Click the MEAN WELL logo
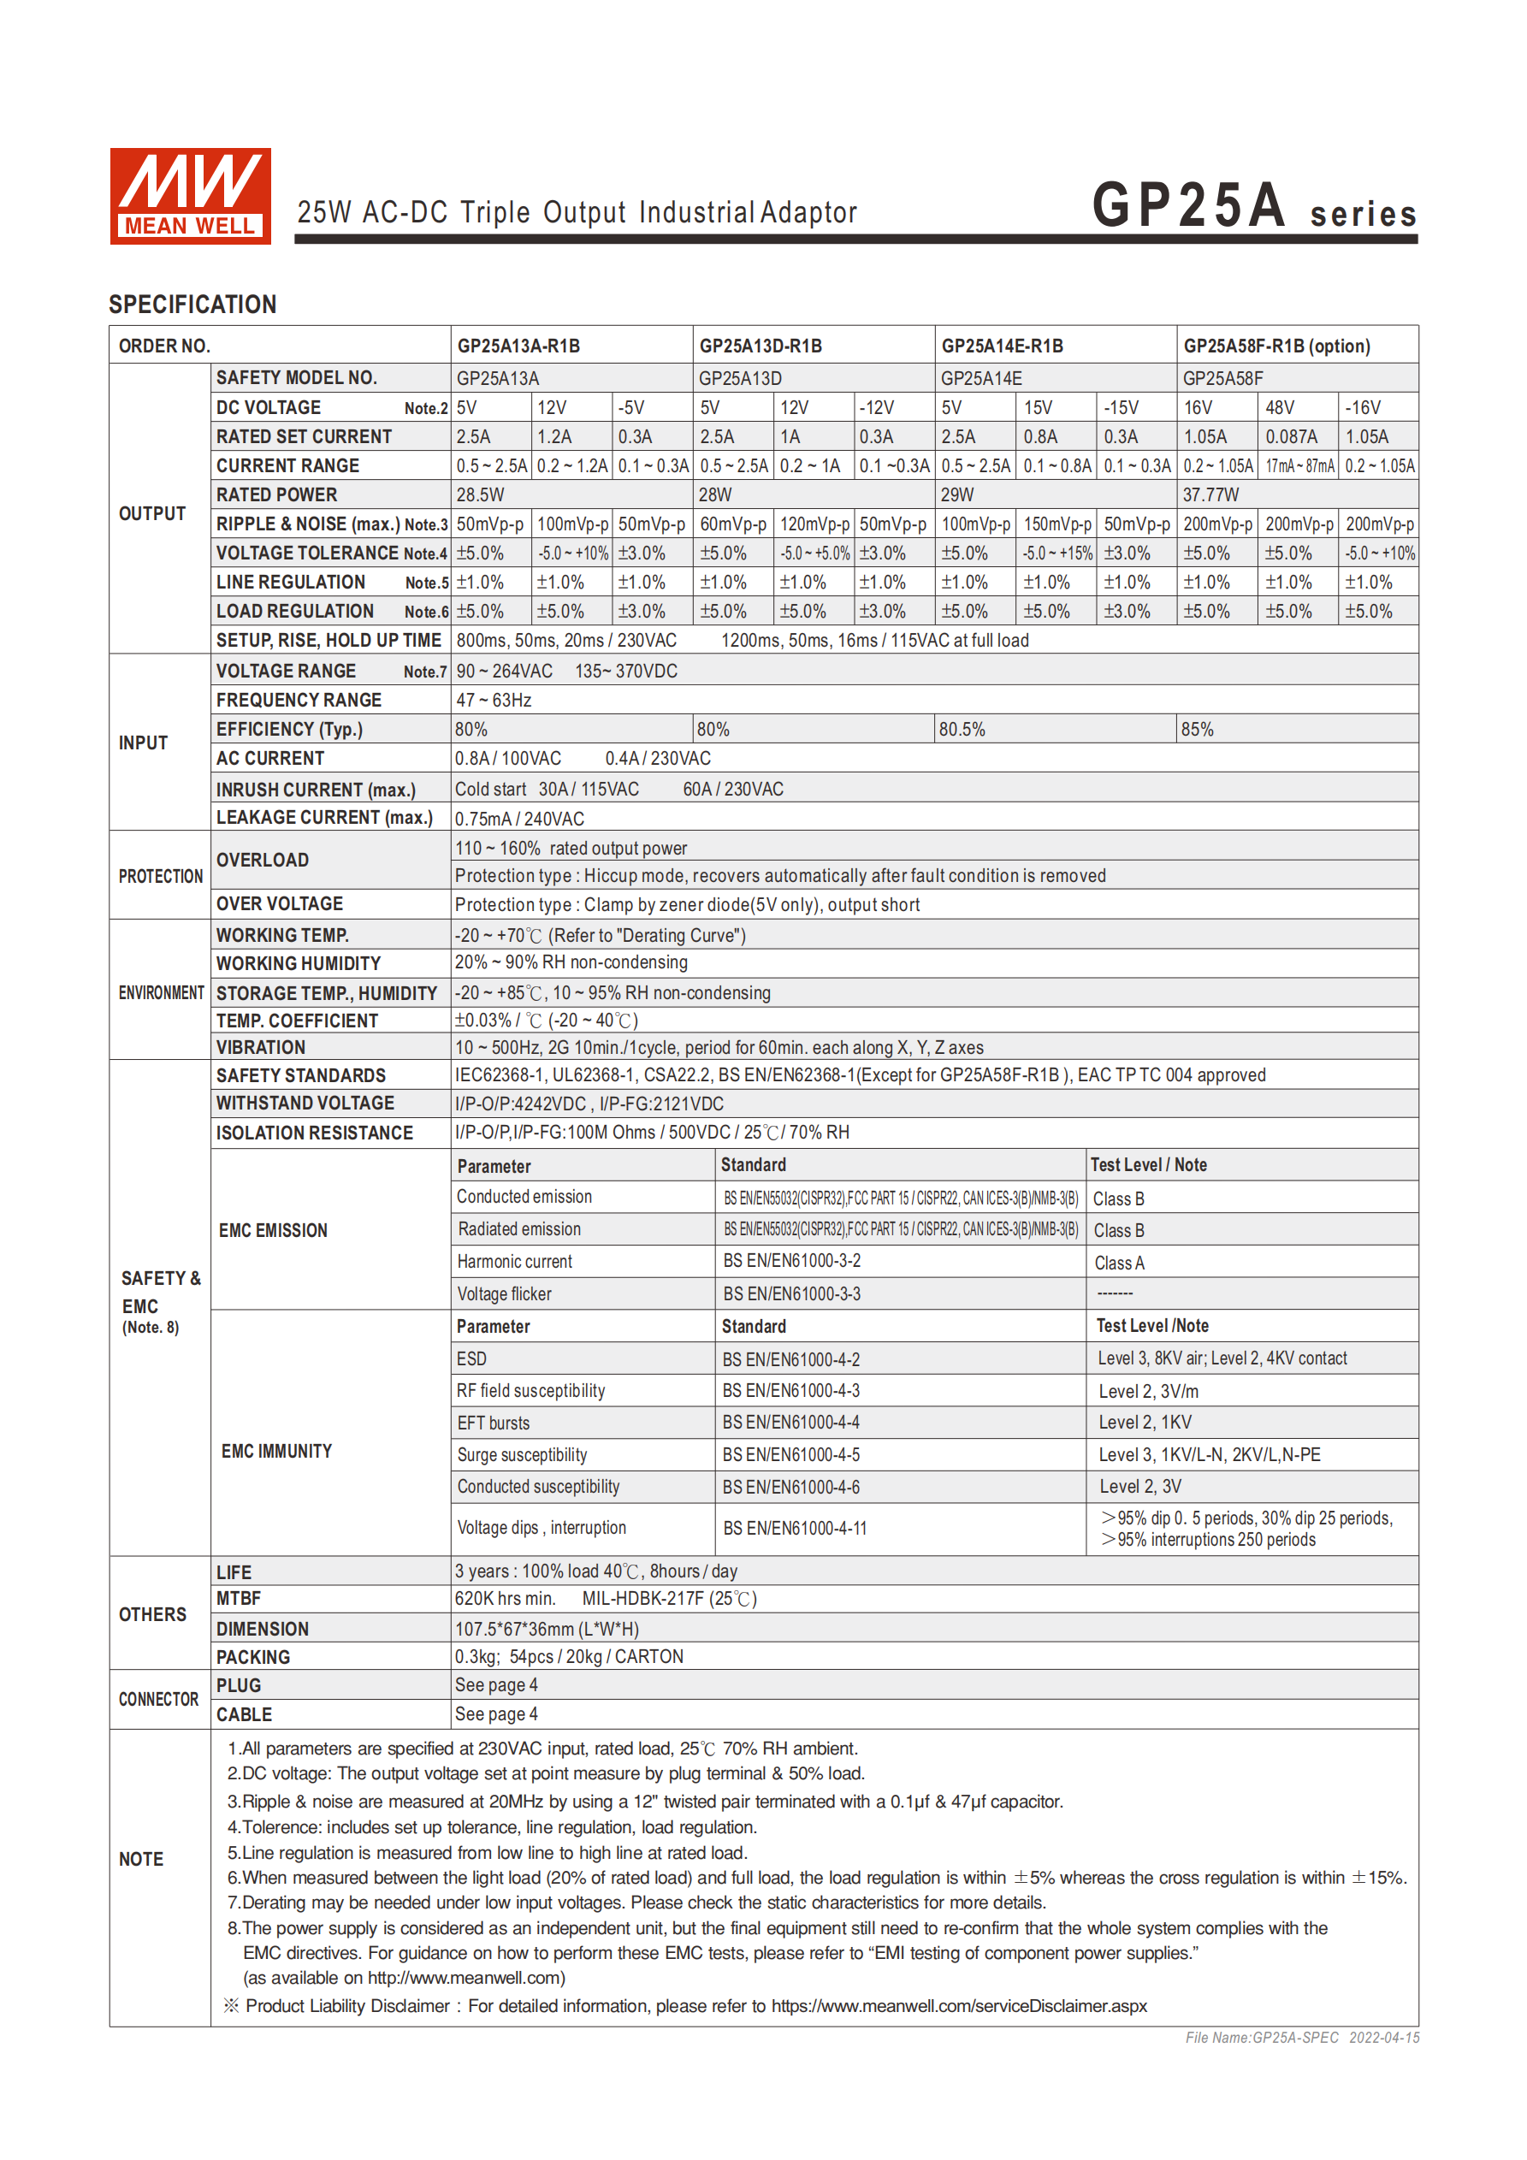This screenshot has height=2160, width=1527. tap(190, 196)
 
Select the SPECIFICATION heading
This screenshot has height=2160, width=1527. tap(192, 305)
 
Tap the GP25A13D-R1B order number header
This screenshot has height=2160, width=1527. tap(761, 346)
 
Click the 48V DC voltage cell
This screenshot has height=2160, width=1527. tap(1280, 408)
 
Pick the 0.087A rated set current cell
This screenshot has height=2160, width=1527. tap(1291, 437)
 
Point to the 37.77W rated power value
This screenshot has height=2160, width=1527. tap(1210, 494)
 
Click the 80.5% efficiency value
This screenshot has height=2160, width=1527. tap(962, 730)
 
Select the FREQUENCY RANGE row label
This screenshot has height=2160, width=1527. tap(299, 701)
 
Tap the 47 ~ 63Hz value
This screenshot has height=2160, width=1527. tap(494, 701)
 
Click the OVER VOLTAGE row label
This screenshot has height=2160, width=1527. tap(280, 904)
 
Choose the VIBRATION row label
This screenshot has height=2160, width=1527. tap(261, 1048)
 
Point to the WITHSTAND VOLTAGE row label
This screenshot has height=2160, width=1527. tap(305, 1104)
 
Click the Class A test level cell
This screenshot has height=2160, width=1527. tap(1119, 1263)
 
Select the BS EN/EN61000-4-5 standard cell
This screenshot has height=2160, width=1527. tap(790, 1455)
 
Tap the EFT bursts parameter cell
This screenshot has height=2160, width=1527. tap(493, 1423)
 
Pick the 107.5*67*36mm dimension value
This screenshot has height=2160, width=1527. tap(547, 1630)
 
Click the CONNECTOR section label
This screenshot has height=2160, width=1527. tap(158, 1700)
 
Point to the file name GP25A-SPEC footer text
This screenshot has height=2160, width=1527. tap(1301, 2038)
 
